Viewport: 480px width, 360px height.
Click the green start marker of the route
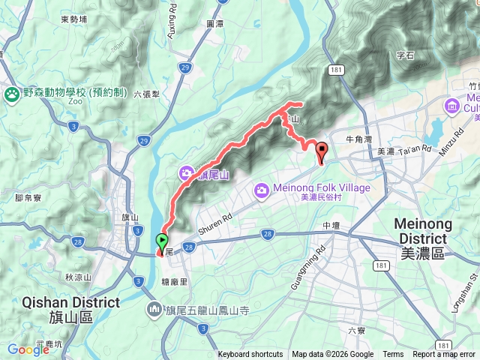pyautogui.click(x=162, y=241)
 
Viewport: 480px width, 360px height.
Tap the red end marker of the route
pyautogui.click(x=322, y=149)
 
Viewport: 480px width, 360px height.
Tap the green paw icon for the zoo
pyautogui.click(x=12, y=94)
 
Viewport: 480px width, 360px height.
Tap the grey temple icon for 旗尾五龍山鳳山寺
pyautogui.click(x=154, y=308)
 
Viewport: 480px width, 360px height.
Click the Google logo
pyautogui.click(x=28, y=349)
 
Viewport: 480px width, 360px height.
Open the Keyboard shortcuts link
pyautogui.click(x=250, y=355)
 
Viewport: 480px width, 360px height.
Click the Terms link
pyautogui.click(x=393, y=355)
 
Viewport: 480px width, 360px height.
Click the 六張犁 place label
pyautogui.click(x=148, y=95)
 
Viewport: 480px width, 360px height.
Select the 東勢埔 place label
pyautogui.click(x=74, y=19)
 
